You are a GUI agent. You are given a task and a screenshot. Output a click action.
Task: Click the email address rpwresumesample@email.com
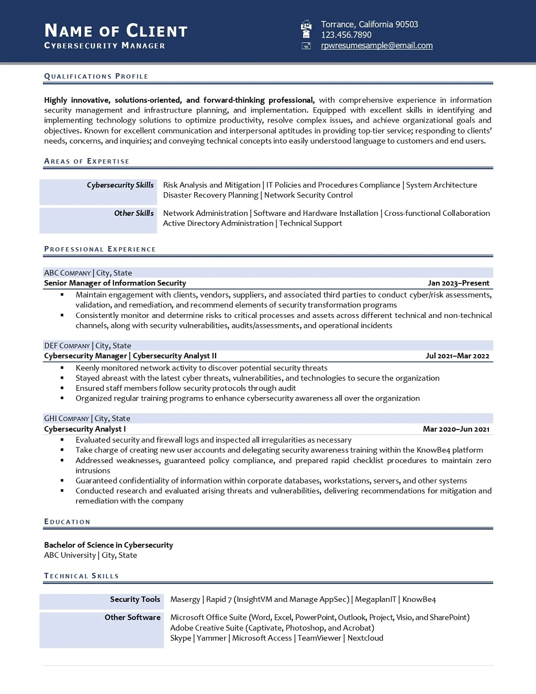[377, 46]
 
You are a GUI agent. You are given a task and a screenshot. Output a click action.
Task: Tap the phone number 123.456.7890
[346, 35]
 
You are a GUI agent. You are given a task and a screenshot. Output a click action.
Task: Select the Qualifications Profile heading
[96, 76]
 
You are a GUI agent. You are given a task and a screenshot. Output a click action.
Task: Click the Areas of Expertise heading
[87, 161]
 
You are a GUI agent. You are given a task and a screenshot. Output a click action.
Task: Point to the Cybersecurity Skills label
[120, 185]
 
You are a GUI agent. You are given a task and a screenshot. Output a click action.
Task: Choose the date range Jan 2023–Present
[458, 283]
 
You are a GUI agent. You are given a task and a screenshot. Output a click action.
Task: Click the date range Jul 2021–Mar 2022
[457, 356]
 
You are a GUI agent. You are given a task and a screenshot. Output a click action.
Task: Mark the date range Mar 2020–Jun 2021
[456, 429]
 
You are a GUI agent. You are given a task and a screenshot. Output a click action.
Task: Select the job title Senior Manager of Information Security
[115, 283]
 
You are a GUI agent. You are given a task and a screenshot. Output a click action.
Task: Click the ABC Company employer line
[88, 273]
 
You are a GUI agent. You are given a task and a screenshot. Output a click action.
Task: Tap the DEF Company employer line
[87, 346]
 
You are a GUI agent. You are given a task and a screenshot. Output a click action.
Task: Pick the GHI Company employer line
[87, 418]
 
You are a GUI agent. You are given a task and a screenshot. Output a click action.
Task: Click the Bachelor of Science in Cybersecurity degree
[108, 545]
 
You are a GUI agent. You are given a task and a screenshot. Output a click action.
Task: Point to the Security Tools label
[135, 600]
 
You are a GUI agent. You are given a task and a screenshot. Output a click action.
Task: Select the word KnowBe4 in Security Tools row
[419, 600]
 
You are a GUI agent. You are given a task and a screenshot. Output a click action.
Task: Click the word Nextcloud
[365, 638]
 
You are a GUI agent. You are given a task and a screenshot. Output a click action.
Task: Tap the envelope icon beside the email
[307, 46]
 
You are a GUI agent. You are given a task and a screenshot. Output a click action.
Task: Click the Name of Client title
[116, 31]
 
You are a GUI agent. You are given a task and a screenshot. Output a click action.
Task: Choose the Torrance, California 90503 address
[370, 25]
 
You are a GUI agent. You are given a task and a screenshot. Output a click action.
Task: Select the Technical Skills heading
[82, 576]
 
